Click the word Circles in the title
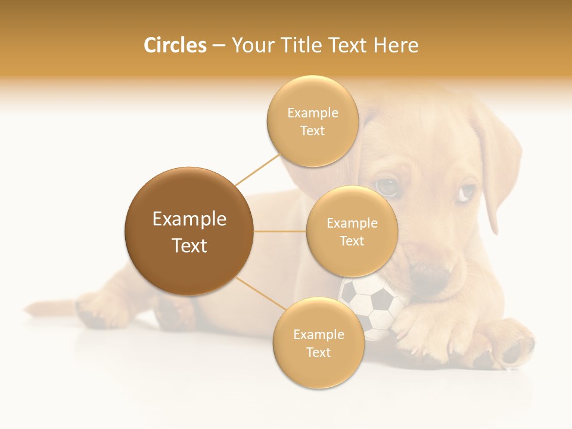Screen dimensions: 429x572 175,45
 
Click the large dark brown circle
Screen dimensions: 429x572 189,231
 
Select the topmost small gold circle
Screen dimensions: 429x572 312,121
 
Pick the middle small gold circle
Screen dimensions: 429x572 352,231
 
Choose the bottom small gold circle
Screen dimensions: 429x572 318,343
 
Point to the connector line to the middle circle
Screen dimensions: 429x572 280,231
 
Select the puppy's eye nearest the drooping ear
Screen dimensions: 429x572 467,192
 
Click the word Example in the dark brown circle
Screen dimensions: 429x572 189,219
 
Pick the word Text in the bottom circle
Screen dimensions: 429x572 318,352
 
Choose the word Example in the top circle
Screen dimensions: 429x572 312,113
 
